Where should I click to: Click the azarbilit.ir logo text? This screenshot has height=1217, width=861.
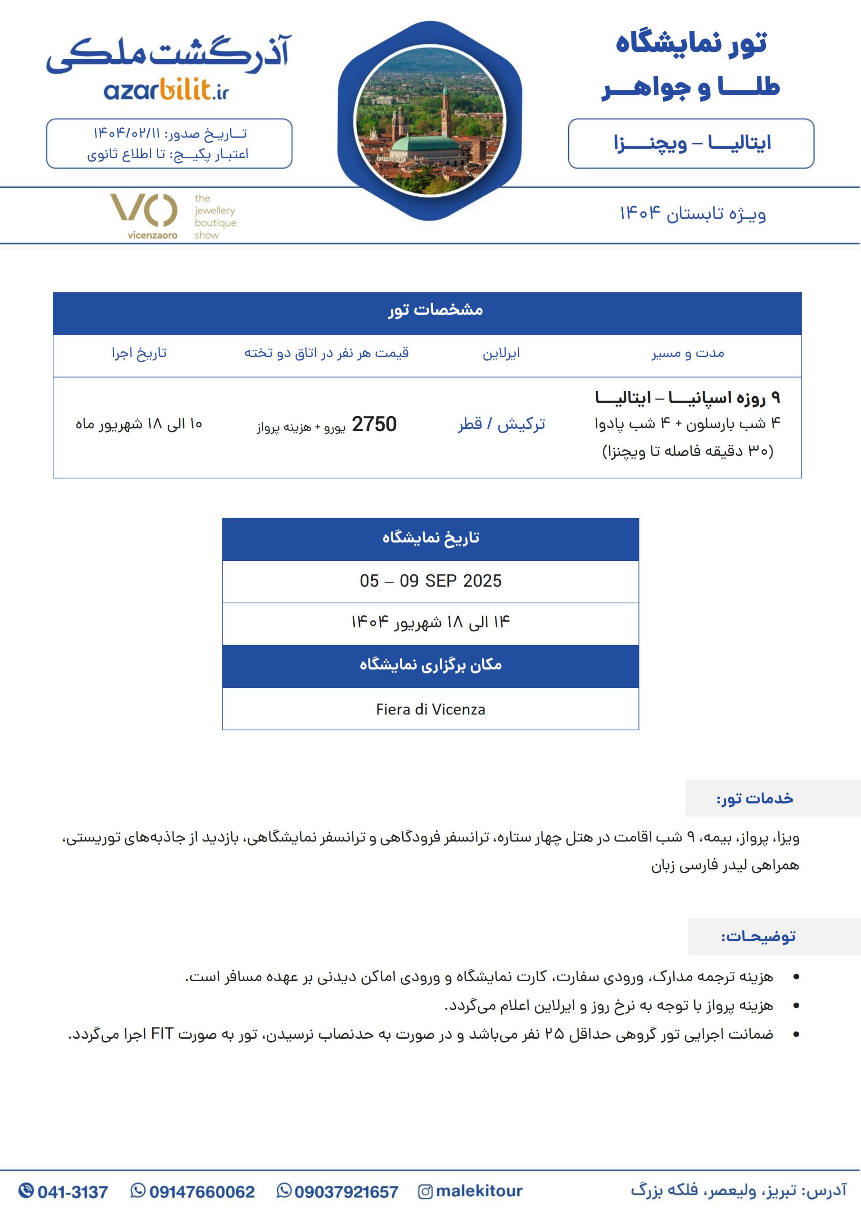[x=166, y=91]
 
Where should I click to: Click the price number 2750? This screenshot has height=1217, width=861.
[x=374, y=425]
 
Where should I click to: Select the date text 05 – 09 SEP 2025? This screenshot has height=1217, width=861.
[x=431, y=581]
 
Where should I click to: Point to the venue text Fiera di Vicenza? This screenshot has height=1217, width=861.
[x=431, y=709]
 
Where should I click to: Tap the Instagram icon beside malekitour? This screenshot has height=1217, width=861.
[x=425, y=1192]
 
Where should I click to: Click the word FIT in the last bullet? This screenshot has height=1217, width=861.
[x=162, y=1033]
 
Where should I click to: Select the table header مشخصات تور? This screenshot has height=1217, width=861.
[x=435, y=309]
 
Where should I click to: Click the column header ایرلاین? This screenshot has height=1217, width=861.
[x=501, y=353]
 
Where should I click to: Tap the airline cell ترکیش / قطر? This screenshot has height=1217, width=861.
[x=502, y=424]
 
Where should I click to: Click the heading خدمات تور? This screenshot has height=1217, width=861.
[x=755, y=798]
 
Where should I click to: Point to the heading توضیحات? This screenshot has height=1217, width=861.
[x=758, y=937]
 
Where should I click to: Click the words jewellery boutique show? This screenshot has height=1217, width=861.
[x=215, y=217]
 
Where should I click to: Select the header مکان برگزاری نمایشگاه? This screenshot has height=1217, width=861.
[x=431, y=665]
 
